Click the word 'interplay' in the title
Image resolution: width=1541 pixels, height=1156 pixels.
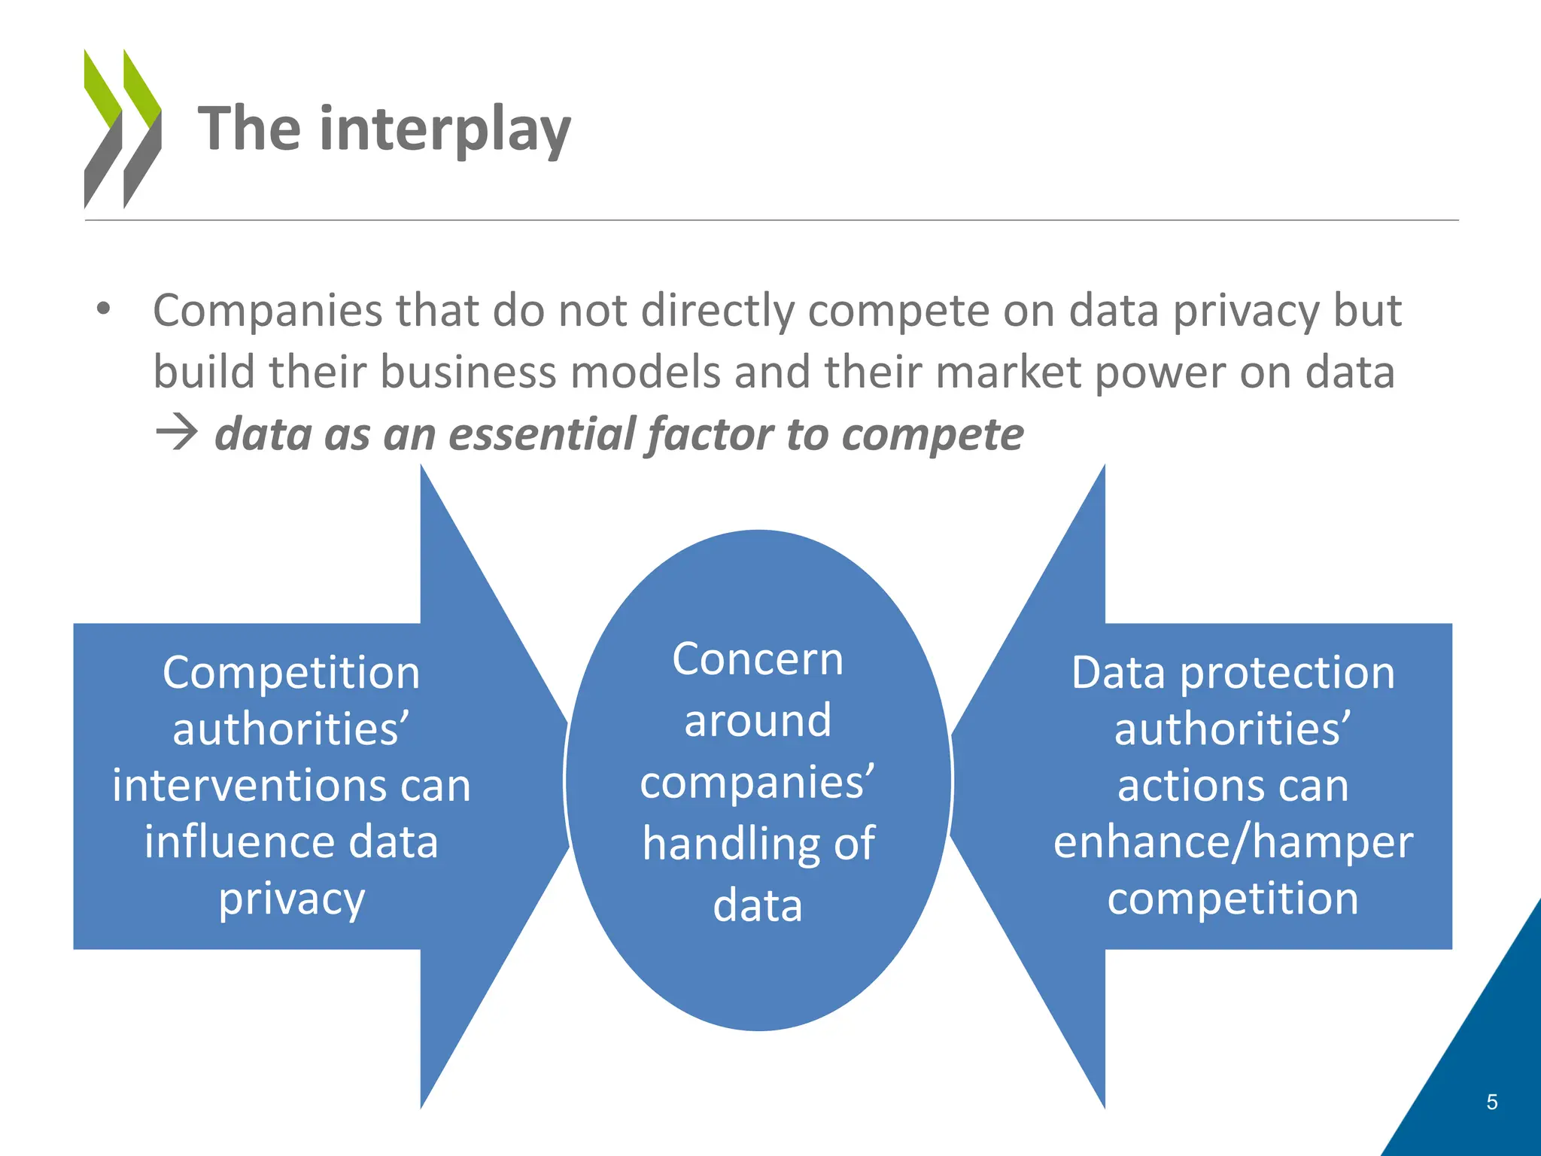tap(445, 130)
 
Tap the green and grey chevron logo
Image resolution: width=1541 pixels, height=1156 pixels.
tap(123, 129)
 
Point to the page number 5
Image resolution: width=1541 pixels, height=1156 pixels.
tap(1491, 1103)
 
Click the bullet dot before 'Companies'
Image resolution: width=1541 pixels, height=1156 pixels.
tap(103, 309)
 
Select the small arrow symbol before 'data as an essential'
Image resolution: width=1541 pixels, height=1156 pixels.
tap(176, 434)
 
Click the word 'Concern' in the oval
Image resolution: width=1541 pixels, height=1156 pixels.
tap(758, 659)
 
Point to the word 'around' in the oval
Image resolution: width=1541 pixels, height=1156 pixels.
tap(758, 720)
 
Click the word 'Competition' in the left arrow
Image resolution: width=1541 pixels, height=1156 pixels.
tap(291, 672)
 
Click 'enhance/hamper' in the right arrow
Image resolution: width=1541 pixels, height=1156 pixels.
tap(1232, 841)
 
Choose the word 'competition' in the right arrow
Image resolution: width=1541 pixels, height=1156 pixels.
tap(1232, 898)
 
